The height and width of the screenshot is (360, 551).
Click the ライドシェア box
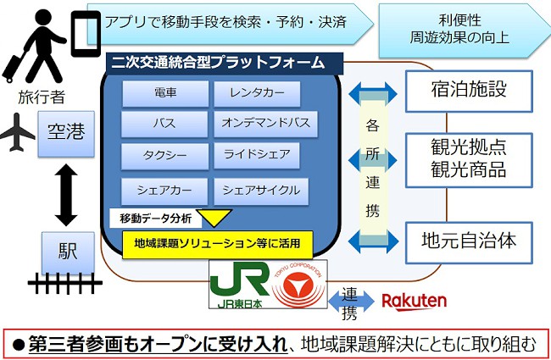257,155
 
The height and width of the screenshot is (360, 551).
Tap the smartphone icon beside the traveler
82,33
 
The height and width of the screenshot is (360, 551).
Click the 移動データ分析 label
155,219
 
